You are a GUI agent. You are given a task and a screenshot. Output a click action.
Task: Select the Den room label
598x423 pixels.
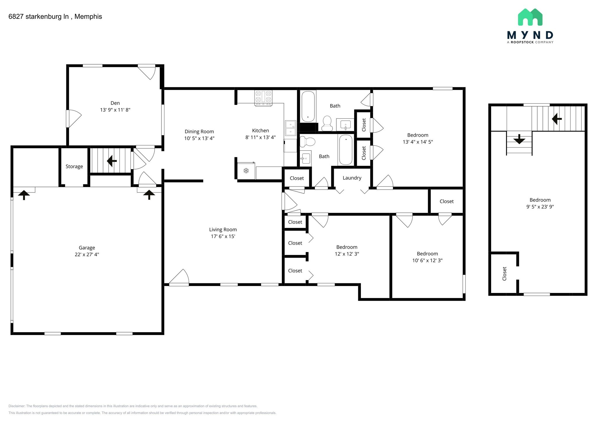pyautogui.click(x=115, y=103)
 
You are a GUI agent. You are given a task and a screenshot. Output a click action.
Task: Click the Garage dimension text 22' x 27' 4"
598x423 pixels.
pyautogui.click(x=87, y=254)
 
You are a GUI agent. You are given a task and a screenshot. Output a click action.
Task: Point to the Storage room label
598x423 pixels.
pyautogui.click(x=74, y=167)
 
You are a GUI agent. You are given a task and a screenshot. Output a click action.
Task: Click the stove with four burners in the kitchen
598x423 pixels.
pyautogui.click(x=263, y=98)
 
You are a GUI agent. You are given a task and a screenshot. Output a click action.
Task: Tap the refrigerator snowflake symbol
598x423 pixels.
pyautogui.click(x=246, y=170)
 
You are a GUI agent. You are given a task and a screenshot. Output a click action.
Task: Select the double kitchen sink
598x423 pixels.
pyautogui.click(x=291, y=128)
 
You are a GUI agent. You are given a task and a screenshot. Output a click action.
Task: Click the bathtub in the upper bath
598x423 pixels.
pyautogui.click(x=308, y=107)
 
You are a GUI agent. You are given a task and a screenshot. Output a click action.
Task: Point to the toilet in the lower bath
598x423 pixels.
pyautogui.click(x=307, y=142)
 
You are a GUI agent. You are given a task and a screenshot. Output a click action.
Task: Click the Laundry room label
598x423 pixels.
pyautogui.click(x=352, y=178)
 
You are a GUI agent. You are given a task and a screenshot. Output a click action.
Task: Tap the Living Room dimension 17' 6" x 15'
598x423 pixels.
pyautogui.click(x=223, y=236)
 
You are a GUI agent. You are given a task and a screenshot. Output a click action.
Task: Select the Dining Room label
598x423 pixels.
pyautogui.click(x=199, y=132)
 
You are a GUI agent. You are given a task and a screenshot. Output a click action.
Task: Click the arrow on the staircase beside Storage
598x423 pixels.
pyautogui.click(x=112, y=161)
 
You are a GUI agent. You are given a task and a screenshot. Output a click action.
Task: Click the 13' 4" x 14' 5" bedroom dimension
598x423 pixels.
pyautogui.click(x=418, y=142)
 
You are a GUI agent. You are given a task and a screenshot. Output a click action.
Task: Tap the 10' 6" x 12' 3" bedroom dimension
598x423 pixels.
pyautogui.click(x=427, y=261)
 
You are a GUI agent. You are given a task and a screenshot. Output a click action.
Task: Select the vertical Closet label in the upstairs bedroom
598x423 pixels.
pyautogui.click(x=504, y=274)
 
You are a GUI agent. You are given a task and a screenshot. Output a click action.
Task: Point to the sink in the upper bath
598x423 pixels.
pyautogui.click(x=345, y=125)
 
